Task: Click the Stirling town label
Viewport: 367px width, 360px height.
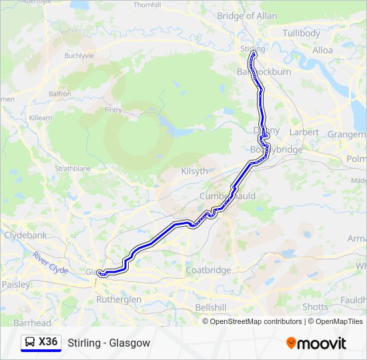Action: tap(253, 49)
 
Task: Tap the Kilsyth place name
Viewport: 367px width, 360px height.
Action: tap(195, 171)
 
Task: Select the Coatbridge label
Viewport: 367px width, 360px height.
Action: tap(208, 270)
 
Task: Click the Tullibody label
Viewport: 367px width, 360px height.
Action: tap(302, 33)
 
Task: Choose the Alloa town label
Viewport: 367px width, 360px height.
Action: tap(323, 50)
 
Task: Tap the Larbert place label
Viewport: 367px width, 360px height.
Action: tap(304, 132)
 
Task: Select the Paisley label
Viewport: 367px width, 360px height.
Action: tap(16, 284)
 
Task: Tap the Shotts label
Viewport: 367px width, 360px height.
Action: tap(315, 307)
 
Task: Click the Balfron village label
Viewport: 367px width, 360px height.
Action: tap(59, 94)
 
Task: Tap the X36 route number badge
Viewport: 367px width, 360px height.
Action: tap(48, 342)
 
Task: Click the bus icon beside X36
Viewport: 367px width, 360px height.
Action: tap(30, 343)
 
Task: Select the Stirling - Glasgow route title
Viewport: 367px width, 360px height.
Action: tap(109, 343)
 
